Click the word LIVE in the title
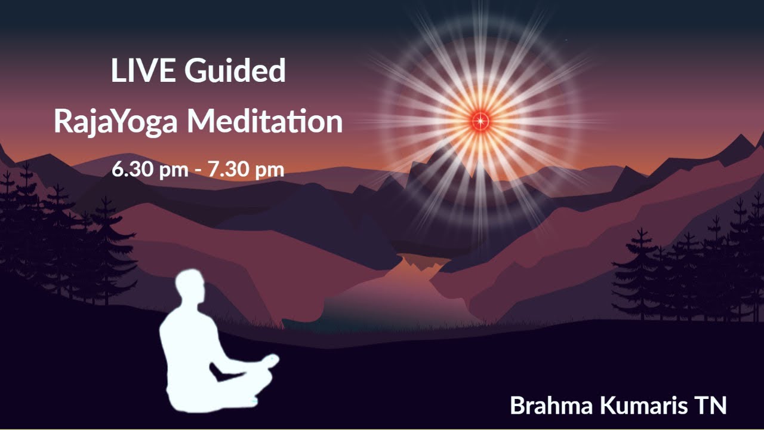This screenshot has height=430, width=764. [x=143, y=71]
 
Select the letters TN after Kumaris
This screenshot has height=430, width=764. [x=710, y=406]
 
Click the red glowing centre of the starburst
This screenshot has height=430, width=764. [x=480, y=121]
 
